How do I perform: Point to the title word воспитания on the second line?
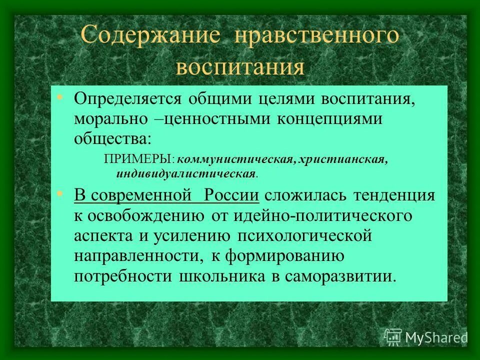[239, 66]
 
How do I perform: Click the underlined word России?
[231, 195]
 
